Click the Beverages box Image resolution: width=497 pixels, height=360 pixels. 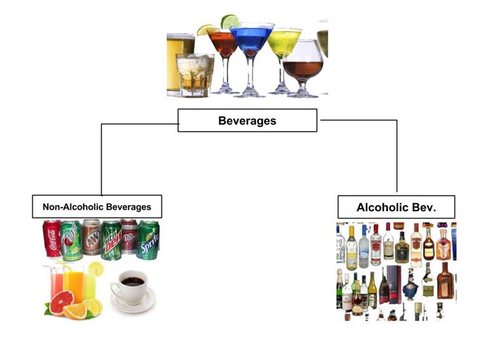[247, 121]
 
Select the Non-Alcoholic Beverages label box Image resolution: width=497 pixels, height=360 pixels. [97, 207]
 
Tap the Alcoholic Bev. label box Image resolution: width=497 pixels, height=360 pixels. [396, 207]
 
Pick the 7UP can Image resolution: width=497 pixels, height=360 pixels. [71, 240]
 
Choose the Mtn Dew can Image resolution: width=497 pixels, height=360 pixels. [111, 240]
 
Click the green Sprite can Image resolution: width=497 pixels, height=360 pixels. [148, 240]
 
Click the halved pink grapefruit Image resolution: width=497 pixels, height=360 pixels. [61, 303]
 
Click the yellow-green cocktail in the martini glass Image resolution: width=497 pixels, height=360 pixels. [284, 42]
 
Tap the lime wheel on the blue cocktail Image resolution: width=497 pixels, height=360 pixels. [230, 21]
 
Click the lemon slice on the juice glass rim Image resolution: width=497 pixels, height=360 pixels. [96, 268]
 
